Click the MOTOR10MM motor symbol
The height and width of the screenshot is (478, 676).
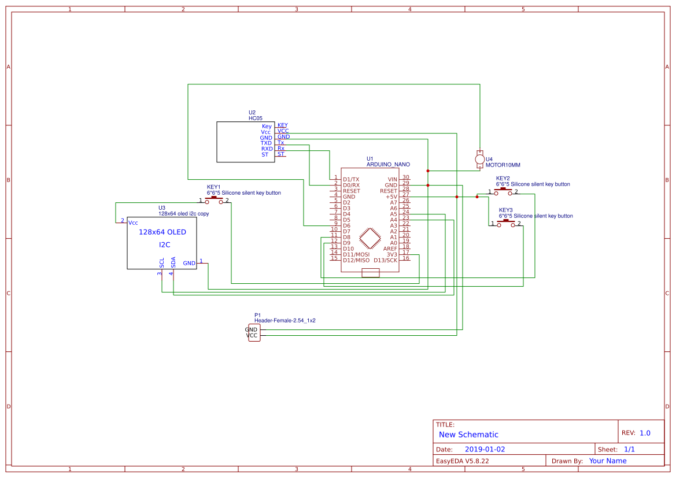point(479,159)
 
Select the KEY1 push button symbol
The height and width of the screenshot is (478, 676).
point(214,200)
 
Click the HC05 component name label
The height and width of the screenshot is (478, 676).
point(256,118)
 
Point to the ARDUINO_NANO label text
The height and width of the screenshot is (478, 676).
point(387,165)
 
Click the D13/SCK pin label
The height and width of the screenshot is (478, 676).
point(385,260)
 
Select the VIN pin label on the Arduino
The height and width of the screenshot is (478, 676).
point(392,179)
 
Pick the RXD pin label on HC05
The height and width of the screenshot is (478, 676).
point(266,149)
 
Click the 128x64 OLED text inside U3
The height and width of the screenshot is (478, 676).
point(162,232)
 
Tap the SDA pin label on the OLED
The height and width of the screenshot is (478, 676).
point(173,262)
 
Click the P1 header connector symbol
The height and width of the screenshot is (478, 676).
point(254,332)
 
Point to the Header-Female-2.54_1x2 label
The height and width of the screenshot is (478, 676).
point(285,320)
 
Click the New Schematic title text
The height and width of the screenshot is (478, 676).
point(468,435)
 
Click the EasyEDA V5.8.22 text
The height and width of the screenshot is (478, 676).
point(462,461)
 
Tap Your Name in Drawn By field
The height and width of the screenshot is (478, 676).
point(607,461)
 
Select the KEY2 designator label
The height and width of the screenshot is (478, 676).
point(503,178)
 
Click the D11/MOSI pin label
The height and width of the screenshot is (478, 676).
point(356,254)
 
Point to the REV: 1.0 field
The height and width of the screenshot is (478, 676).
point(636,433)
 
